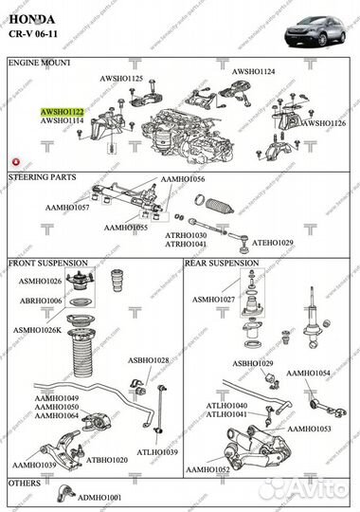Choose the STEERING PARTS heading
tap(44, 176)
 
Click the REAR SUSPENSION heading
tap(222, 263)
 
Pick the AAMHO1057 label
tap(67, 207)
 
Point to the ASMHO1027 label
tap(213, 299)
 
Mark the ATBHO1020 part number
tap(107, 460)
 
